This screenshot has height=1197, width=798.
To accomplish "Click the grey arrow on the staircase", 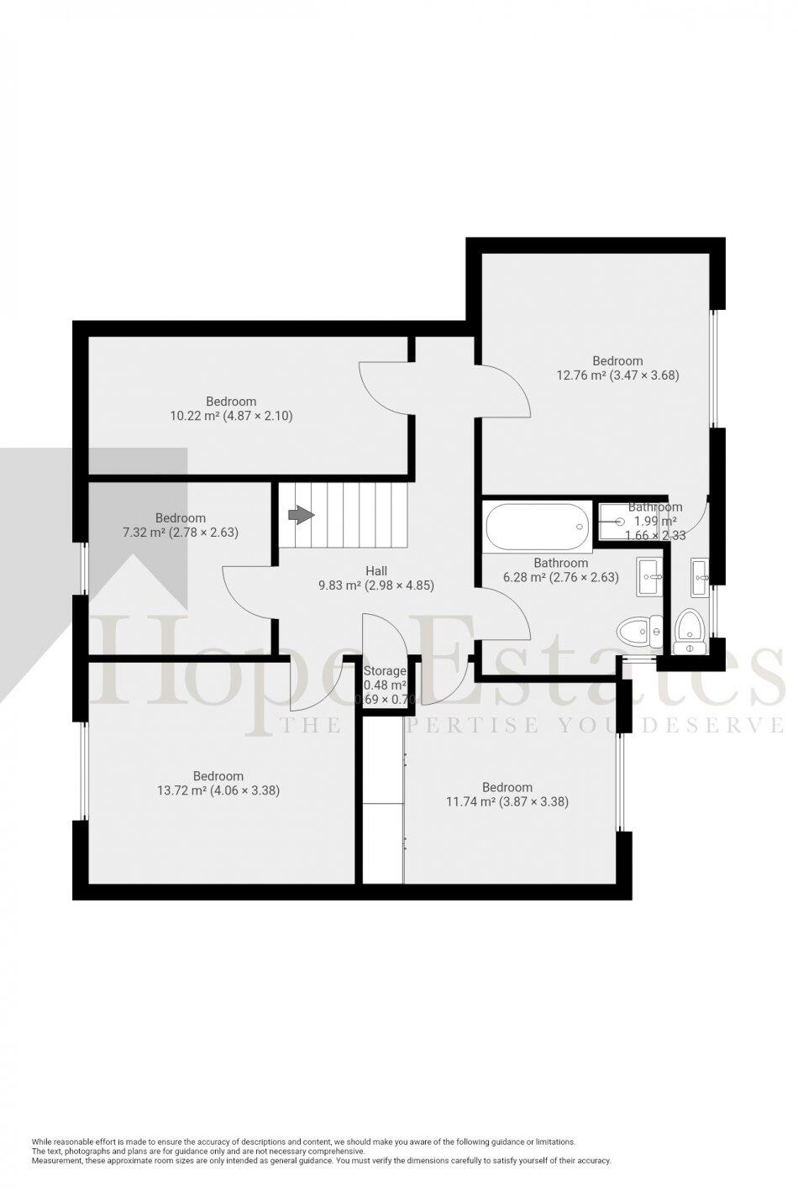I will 301,515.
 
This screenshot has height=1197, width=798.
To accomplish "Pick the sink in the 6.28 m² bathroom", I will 650,577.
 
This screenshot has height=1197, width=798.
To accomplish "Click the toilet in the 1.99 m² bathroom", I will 689,631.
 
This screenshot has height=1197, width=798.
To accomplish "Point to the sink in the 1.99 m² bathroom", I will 701,577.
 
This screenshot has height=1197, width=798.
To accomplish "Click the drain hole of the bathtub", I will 579,527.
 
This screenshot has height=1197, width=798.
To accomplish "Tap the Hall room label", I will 376,571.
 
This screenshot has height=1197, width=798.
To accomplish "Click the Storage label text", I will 385,671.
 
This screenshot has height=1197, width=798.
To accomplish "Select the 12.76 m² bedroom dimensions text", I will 617,375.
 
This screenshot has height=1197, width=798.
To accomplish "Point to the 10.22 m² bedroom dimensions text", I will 231,415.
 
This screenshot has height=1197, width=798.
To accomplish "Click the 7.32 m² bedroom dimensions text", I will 181,532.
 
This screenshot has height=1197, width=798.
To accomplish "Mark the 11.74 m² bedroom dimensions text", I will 507,801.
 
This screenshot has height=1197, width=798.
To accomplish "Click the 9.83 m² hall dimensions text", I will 376,585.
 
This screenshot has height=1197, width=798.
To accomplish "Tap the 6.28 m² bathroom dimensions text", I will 560,577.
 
